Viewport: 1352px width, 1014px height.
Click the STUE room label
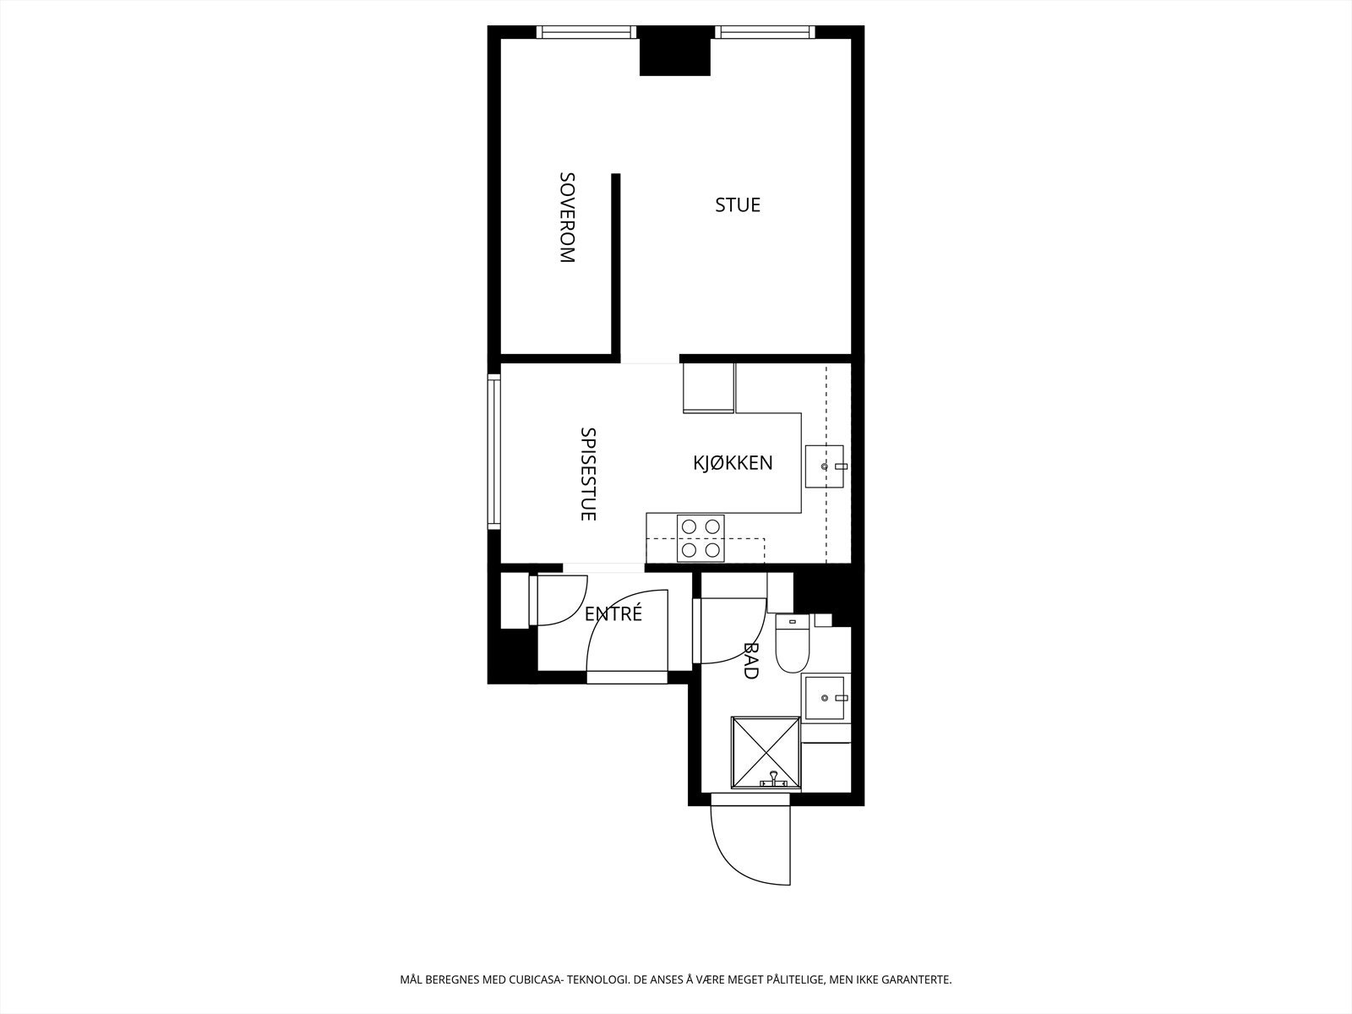point(738,204)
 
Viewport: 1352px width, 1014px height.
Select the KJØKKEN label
point(733,463)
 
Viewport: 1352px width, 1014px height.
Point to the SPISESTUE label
point(588,473)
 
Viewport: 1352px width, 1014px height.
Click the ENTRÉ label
point(613,614)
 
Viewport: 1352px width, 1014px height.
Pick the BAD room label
point(750,660)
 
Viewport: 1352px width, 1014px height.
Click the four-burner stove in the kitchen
point(701,538)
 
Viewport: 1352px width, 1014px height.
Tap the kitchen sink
point(824,466)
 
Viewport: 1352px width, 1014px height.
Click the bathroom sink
point(825,697)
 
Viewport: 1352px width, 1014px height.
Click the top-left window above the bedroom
point(587,32)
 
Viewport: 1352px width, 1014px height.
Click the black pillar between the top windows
point(674,51)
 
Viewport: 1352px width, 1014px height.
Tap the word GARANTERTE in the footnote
point(916,980)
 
